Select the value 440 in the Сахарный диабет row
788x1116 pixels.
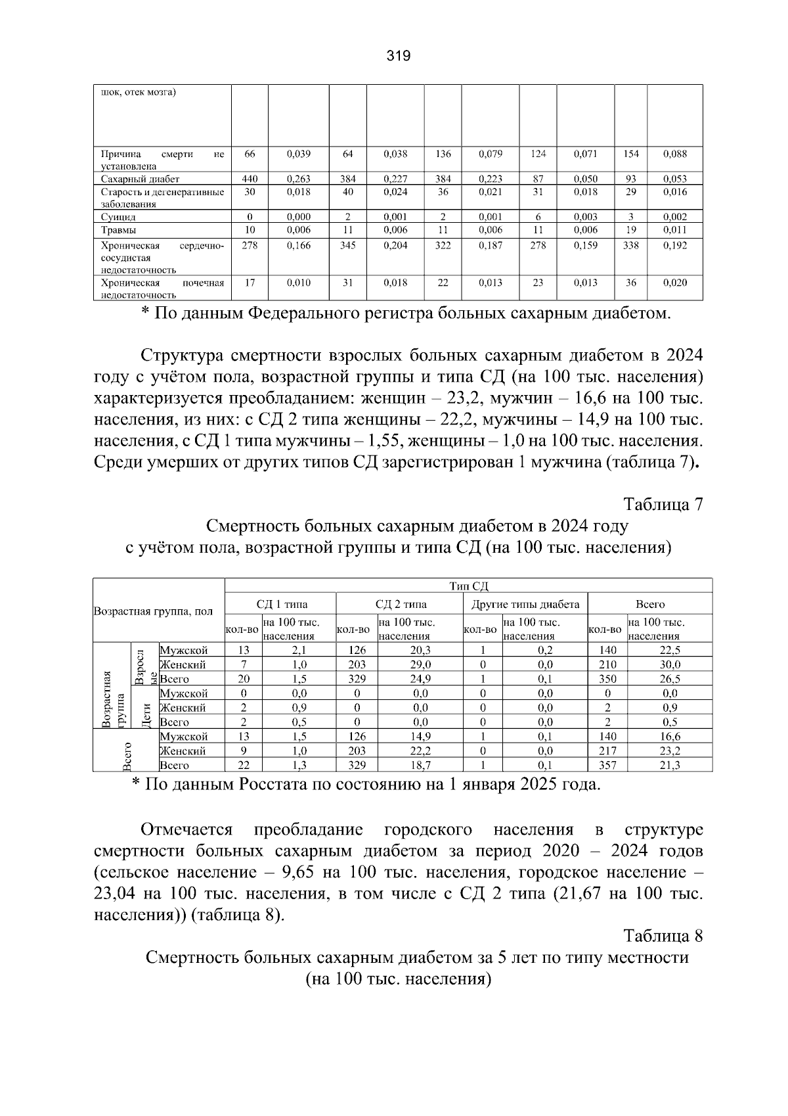[250, 179]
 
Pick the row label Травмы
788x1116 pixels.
[119, 230]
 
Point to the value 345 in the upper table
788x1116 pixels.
[348, 246]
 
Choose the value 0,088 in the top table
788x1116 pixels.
[675, 154]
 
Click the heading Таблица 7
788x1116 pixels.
[663, 504]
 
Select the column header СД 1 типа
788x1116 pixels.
[281, 604]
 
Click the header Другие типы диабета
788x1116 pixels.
[526, 604]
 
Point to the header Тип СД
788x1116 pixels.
[468, 586]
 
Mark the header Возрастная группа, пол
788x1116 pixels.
[153, 611]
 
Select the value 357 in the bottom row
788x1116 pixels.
[607, 765]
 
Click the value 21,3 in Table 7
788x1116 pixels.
[670, 765]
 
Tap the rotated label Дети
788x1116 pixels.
[146, 714]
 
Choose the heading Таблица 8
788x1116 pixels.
[663, 936]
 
